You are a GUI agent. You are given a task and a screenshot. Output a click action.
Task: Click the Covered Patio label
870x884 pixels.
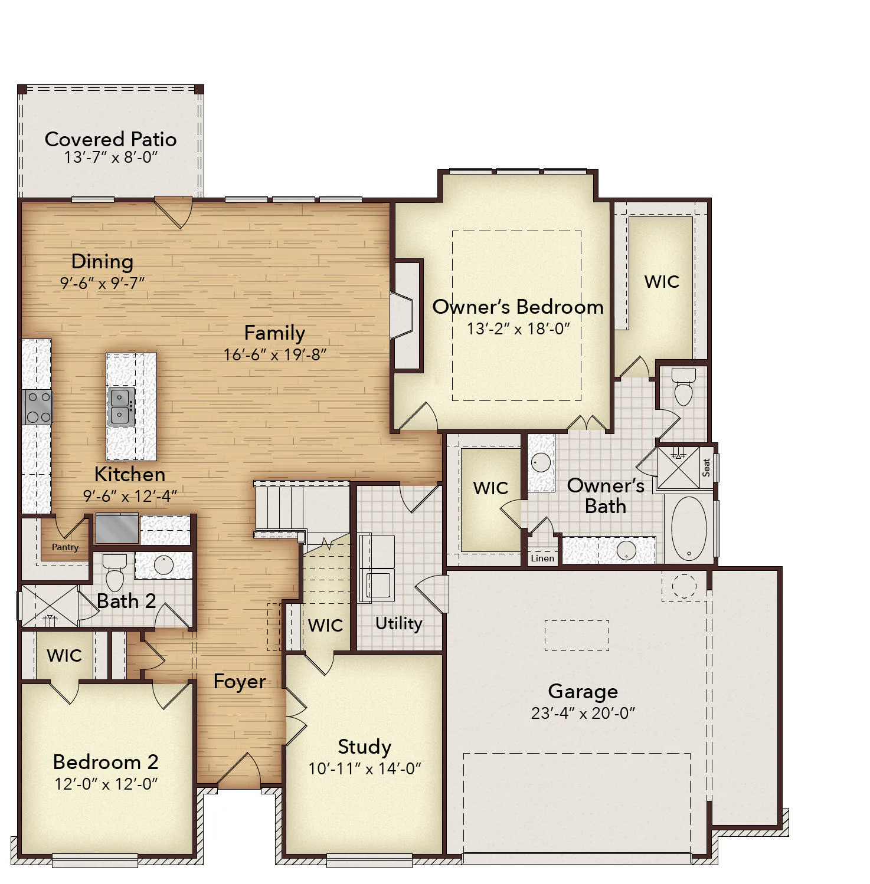[x=110, y=139]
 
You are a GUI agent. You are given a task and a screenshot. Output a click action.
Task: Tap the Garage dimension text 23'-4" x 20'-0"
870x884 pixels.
[x=583, y=713]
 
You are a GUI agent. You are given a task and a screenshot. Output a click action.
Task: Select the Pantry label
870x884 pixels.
[x=65, y=547]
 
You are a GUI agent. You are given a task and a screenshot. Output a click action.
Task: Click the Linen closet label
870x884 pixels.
[x=542, y=558]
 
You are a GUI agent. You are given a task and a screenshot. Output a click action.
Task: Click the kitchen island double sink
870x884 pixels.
[x=122, y=407]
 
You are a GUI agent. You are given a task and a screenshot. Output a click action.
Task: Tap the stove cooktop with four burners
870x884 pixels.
[x=38, y=407]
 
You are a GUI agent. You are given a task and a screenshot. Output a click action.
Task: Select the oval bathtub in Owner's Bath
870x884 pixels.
[x=689, y=528]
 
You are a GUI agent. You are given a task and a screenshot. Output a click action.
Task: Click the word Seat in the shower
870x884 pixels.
[x=706, y=468]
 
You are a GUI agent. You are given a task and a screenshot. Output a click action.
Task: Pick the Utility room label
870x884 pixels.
[x=399, y=623]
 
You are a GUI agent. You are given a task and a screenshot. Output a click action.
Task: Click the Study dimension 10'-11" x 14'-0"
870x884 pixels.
[x=365, y=768]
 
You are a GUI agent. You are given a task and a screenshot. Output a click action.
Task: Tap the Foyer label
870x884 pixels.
[x=239, y=682]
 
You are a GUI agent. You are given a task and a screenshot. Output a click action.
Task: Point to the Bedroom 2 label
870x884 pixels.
[x=106, y=762]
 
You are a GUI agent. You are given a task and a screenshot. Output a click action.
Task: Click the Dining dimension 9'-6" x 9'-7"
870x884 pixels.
[x=102, y=283]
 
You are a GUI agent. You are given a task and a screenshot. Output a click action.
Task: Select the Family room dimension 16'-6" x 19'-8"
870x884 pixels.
[x=275, y=354]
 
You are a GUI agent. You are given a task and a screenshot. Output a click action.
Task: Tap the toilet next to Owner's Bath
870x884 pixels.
[x=683, y=387]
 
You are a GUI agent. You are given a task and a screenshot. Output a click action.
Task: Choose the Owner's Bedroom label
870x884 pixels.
[x=518, y=307]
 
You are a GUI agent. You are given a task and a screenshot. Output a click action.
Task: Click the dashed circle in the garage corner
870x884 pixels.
[x=684, y=586]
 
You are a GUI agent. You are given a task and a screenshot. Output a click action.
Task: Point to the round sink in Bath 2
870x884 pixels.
[x=163, y=565]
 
